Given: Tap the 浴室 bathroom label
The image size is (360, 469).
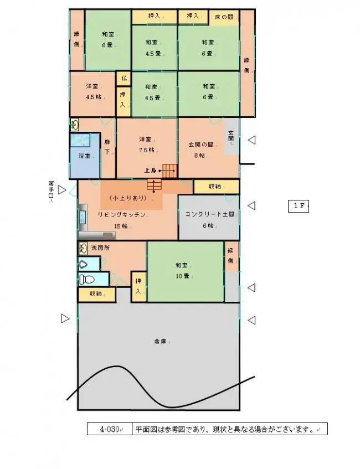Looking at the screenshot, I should click(85, 156).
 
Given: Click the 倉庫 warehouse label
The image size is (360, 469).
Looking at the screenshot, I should click(160, 342).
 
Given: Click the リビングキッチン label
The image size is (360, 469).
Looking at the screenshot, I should click(122, 214).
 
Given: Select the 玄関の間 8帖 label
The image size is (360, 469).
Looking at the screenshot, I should click(201, 150).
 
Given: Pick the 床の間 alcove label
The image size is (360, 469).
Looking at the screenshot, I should click(223, 17).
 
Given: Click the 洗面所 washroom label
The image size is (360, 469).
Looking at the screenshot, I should click(100, 248).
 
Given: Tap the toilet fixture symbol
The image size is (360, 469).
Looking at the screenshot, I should click(86, 279).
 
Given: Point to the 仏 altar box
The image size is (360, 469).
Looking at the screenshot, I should click(124, 79).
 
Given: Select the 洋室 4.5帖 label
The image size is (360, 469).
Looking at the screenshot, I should click(92, 92).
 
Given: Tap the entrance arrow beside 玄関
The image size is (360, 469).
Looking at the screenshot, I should click(251, 140).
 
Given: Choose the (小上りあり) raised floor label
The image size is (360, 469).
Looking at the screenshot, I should click(131, 198).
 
